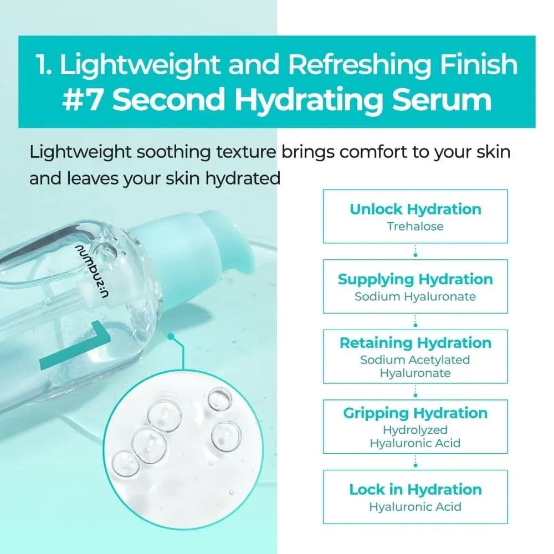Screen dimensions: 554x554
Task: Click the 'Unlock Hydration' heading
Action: point(416,209)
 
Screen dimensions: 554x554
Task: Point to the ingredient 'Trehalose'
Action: point(416,226)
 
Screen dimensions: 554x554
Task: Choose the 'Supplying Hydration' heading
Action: point(415,279)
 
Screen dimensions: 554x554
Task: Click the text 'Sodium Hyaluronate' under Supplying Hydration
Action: point(415,296)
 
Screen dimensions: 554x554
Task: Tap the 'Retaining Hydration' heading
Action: point(416,343)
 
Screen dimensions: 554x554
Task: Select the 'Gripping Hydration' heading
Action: point(416,413)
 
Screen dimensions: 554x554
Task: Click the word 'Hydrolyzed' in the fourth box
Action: point(416,429)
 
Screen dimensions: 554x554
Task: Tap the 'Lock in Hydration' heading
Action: point(416,490)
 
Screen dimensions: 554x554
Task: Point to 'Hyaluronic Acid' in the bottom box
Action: point(416,506)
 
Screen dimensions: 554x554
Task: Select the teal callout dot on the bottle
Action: point(171,336)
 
